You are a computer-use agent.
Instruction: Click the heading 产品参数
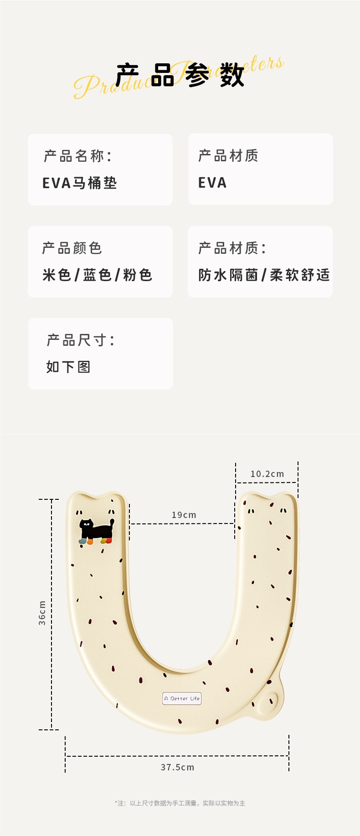(180, 75)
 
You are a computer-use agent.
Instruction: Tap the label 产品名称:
(78, 156)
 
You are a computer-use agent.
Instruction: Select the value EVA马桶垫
(80, 183)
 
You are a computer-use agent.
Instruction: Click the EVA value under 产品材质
(212, 183)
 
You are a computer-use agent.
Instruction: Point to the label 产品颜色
(72, 248)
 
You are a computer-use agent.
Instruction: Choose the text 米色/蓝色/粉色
(97, 275)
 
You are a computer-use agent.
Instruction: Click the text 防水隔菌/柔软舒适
(264, 275)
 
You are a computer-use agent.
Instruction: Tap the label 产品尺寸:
(81, 340)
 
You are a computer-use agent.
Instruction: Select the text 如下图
(68, 367)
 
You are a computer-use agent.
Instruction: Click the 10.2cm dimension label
(267, 474)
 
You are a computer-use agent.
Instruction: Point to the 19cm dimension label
(184, 515)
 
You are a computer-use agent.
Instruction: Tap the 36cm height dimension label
(42, 613)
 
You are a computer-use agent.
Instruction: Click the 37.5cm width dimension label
(177, 767)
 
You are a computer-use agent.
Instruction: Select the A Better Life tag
(182, 698)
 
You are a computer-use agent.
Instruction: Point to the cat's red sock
(108, 541)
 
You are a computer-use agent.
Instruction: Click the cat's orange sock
(90, 542)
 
